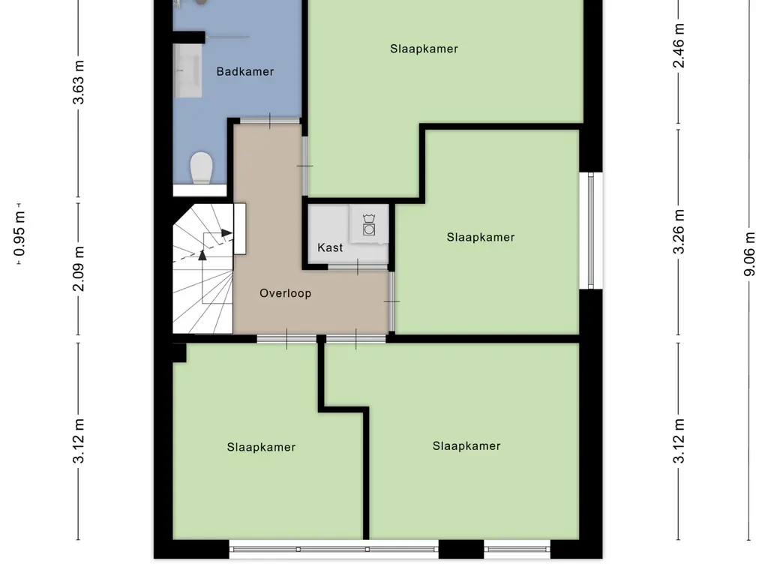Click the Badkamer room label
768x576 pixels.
click(245, 72)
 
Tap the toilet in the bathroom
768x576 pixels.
click(202, 168)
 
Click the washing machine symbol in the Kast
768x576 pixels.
click(368, 224)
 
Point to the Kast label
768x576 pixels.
click(330, 247)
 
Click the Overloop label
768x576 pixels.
click(285, 293)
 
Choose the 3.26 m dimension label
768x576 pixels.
click(679, 232)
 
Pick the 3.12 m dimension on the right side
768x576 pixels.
click(679, 441)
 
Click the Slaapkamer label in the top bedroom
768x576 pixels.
click(424, 49)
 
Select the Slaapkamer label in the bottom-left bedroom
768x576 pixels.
click(261, 447)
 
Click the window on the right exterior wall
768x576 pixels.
click(592, 230)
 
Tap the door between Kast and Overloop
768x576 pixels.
click(358, 267)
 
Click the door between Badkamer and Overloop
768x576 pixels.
click(271, 121)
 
